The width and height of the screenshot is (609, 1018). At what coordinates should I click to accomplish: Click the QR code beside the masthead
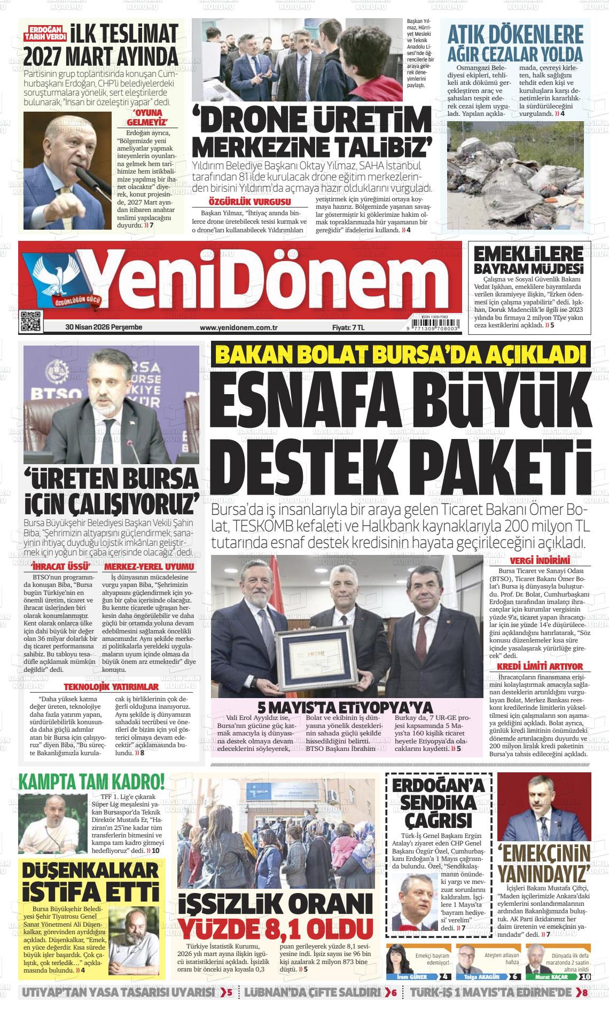[30, 321]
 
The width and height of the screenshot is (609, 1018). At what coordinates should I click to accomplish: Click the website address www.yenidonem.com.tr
[239, 327]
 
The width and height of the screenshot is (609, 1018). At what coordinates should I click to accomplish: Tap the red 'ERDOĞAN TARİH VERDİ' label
[48, 33]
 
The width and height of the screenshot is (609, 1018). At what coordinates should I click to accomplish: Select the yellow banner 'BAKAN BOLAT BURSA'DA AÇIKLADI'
[400, 355]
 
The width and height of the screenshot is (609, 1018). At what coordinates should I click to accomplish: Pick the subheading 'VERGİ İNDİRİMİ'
[539, 561]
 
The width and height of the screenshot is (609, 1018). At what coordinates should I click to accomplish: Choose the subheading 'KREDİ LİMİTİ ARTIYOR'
[540, 667]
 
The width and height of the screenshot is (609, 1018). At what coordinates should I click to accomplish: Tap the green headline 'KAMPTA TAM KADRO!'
[91, 782]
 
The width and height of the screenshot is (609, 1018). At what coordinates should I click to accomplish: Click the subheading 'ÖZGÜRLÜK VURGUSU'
[249, 202]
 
